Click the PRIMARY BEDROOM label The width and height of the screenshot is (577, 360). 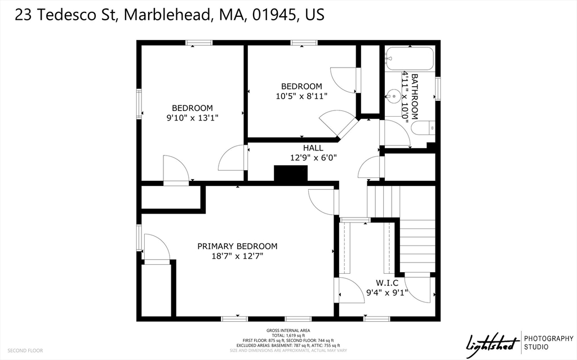pos(237,246)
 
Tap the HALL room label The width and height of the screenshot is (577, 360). pos(313,148)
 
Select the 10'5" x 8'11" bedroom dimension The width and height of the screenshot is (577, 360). pos(301,96)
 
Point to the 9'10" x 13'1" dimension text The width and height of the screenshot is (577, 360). pos(192,118)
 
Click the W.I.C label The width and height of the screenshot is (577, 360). pos(387,282)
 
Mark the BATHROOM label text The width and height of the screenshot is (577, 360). pos(415,96)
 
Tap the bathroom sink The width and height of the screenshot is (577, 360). pos(394,96)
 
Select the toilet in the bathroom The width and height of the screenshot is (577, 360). pos(423,128)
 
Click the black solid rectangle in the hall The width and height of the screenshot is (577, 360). pos(291,174)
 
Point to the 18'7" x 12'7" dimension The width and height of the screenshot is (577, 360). pos(237,256)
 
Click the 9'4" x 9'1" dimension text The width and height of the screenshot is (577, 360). pos(387,292)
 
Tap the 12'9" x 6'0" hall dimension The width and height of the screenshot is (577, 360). pos(313,158)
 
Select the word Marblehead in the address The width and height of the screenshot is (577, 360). pos(166,15)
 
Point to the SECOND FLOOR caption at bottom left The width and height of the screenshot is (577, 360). pos(25,350)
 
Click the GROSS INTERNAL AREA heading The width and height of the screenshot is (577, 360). pos(288,330)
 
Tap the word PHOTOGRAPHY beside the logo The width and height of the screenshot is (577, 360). pos(548,338)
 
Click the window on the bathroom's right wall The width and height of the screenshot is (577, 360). pos(437,89)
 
